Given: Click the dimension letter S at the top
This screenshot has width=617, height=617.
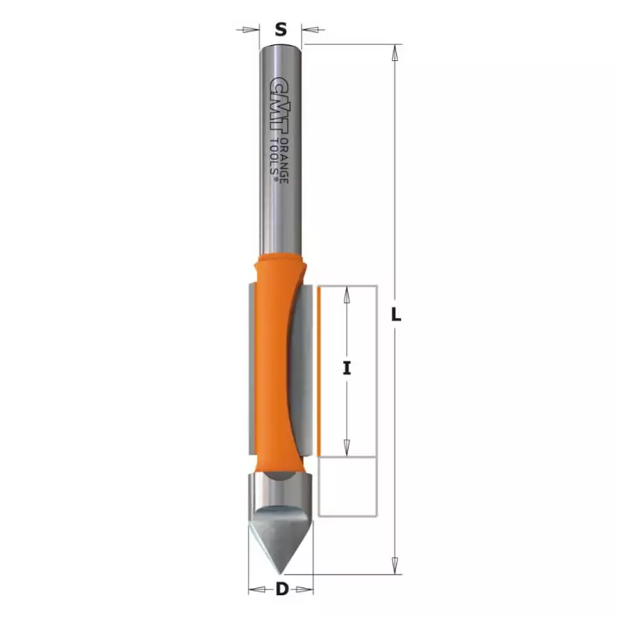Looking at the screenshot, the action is click(x=280, y=29).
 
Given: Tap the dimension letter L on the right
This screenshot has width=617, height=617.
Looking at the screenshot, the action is click(x=396, y=314).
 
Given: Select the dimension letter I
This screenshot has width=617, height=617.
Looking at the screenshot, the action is click(x=347, y=368).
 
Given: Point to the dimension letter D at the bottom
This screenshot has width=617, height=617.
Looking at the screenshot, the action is click(x=282, y=589).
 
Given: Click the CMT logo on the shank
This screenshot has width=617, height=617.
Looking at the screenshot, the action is click(x=280, y=104).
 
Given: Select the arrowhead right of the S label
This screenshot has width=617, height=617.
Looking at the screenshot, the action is click(x=312, y=30).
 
